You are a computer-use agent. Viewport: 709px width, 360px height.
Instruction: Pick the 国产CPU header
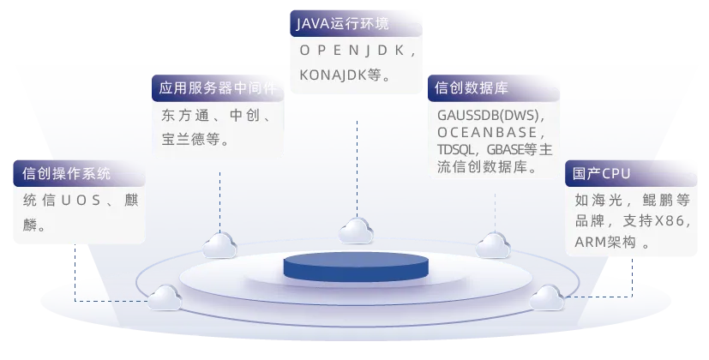[x=602, y=173]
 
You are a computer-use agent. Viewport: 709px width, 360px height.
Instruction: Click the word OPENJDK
[x=358, y=51]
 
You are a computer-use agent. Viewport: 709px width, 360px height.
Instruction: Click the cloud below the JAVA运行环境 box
[x=356, y=230]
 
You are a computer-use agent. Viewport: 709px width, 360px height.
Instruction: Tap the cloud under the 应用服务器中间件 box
[x=219, y=244]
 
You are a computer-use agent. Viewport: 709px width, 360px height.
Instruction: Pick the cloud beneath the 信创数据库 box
[x=493, y=244]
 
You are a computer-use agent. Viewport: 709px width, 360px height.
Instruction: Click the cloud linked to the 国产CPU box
[x=546, y=297]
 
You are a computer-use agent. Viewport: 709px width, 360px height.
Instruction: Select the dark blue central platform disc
[x=355, y=266]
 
